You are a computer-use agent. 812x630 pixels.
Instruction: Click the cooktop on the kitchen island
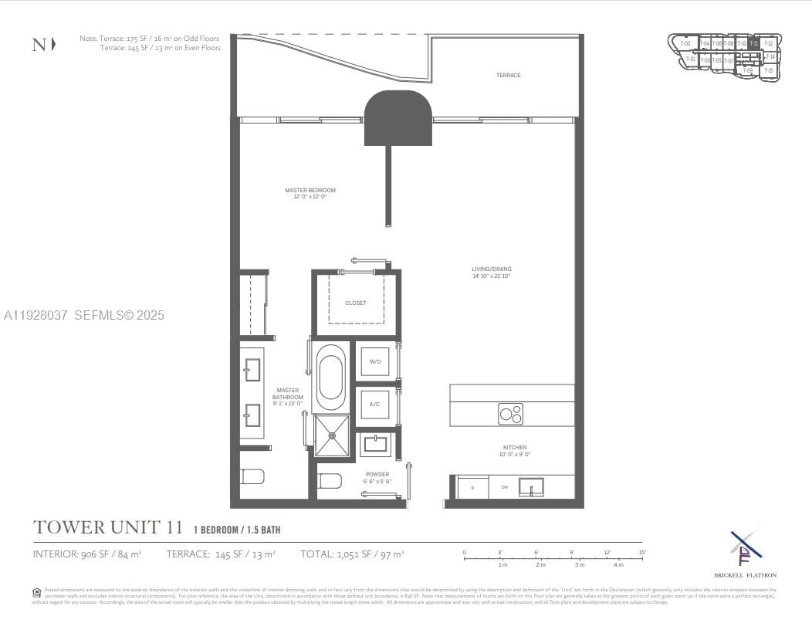tap(510, 414)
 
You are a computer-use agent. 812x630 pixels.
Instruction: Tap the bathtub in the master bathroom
tap(332, 377)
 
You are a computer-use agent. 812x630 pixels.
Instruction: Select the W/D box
tap(375, 361)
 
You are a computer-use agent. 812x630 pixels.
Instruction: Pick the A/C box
tap(375, 404)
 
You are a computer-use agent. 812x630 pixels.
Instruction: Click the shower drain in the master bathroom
tap(333, 435)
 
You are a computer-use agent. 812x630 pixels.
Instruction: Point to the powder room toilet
tap(330, 481)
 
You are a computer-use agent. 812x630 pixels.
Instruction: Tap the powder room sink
tap(377, 445)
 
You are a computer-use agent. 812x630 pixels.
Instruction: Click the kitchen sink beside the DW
tap(531, 487)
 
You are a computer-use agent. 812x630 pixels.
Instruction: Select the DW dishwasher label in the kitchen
tap(504, 487)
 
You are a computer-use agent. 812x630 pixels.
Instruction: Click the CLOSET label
tap(356, 303)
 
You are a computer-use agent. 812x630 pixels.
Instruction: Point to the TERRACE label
tap(508, 76)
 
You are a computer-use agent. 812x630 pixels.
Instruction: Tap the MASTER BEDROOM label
tap(310, 191)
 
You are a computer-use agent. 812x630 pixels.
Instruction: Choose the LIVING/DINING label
tap(492, 269)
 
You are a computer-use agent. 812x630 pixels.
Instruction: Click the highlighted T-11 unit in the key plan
tap(754, 44)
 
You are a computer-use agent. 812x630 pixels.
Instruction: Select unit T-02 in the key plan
tap(685, 44)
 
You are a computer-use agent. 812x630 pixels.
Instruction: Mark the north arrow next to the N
tap(53, 45)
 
